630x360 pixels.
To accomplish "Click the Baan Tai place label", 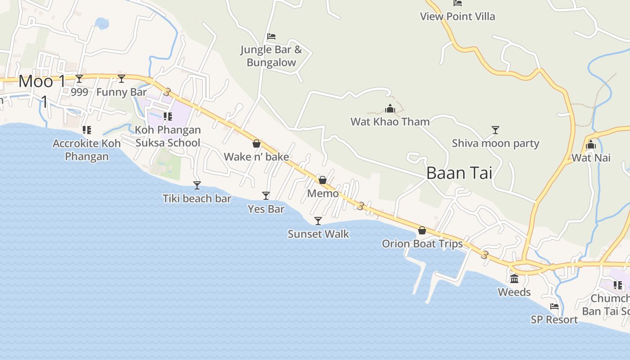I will coord(459,173).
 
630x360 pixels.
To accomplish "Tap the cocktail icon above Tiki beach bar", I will coord(197,185).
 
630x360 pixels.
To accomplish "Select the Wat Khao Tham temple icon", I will coord(390,108).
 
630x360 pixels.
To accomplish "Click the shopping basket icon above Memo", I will coord(323,180).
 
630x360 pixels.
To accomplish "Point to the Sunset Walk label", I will coord(318,234).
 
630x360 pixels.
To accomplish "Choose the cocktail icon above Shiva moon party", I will coord(495,130).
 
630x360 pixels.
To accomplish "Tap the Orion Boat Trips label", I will coord(422,244).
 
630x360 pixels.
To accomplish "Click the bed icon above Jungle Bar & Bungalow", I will coord(271,36).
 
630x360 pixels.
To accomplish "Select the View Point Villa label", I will coord(457,17).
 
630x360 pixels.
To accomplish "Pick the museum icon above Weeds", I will coord(514,279).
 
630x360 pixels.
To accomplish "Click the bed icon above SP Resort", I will coord(554,306).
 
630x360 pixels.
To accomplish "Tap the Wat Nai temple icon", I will coord(591,145).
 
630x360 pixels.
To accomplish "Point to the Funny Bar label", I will coord(121,92).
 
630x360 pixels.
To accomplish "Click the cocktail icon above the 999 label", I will coord(79,79).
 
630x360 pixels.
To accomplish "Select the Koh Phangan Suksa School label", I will coord(168,136).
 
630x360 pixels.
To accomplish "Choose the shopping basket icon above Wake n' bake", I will coord(256,144).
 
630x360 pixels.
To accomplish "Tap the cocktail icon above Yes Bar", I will coord(266,195).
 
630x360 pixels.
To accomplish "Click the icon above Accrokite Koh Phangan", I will coord(87,130).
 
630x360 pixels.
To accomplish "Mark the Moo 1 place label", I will coord(42,82).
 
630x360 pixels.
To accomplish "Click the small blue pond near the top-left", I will coord(102,23).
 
